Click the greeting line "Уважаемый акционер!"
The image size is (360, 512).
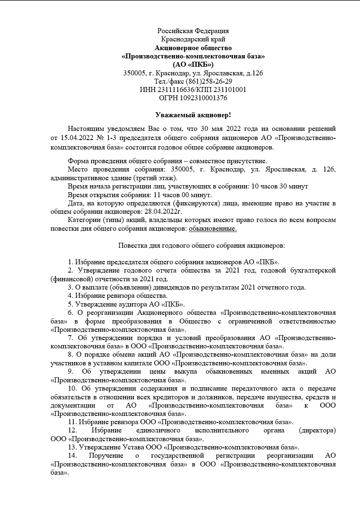point(193,115)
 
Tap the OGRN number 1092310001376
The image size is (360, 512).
point(203,98)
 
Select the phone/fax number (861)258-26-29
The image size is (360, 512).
point(209,81)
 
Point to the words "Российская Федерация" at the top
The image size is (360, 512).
point(193,31)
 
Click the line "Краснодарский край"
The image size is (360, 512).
point(193,39)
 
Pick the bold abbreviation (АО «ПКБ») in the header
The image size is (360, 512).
point(193,65)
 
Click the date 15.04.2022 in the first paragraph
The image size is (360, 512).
point(77,138)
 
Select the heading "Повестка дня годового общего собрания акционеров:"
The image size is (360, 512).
point(202,245)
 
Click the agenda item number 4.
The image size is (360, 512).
point(70,296)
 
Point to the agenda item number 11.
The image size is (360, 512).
point(71,422)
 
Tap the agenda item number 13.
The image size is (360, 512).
point(71,447)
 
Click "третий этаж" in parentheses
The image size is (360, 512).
point(157,178)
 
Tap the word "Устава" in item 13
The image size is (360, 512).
point(134,447)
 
